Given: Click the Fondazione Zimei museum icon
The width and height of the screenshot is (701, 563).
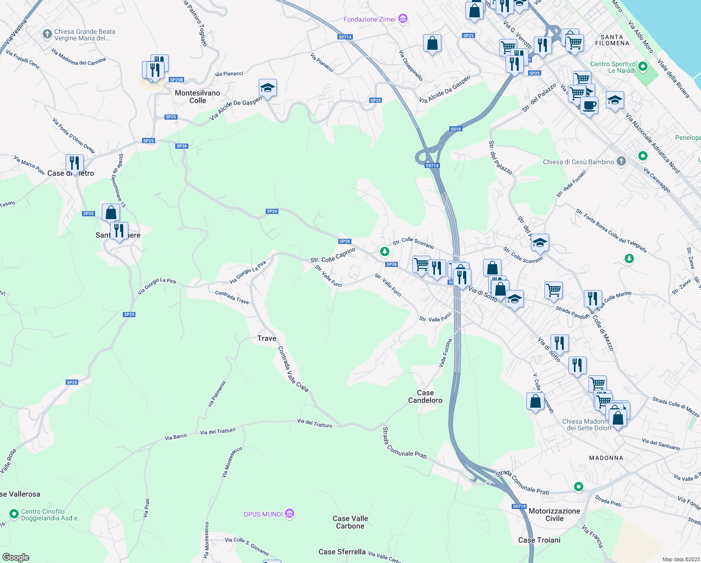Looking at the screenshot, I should (403, 19).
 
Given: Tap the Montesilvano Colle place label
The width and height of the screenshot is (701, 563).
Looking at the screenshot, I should (197, 97).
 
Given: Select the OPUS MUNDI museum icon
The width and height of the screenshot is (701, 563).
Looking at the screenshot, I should (290, 514).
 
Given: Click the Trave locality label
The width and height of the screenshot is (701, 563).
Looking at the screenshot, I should (267, 338).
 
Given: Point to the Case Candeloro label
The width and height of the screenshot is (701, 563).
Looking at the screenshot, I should (425, 396).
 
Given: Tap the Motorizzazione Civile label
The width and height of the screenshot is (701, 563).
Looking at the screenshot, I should (554, 515).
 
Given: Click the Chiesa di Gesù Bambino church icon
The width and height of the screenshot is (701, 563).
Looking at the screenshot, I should (621, 161).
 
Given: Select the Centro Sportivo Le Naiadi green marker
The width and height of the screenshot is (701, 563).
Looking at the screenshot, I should (643, 67).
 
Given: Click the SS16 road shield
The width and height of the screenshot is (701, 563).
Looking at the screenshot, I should (455, 129).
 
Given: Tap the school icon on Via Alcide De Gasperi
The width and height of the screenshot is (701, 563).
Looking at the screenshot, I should (268, 88).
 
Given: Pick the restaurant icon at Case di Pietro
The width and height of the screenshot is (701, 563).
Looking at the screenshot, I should (75, 163).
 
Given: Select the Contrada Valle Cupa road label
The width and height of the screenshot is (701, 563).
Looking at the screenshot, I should (293, 369).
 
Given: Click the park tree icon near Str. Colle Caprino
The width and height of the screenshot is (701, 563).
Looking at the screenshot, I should (384, 252).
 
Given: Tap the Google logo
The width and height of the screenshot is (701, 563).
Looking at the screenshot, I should (15, 557).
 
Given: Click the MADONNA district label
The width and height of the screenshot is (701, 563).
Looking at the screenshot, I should (606, 458).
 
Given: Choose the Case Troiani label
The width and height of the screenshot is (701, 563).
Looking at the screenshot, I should (539, 540).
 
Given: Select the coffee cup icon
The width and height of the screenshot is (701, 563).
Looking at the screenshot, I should (589, 106).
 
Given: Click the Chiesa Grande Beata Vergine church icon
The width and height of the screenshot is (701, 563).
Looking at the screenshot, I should (47, 34).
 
